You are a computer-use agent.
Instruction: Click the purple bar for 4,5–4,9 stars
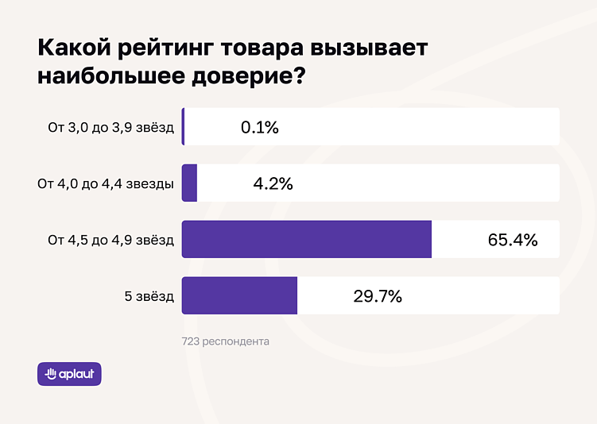click(x=307, y=239)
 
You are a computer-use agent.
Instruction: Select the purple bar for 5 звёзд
click(x=239, y=295)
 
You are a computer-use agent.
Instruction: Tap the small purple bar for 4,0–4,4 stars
click(x=189, y=183)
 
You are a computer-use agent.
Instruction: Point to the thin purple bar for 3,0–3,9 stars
click(x=183, y=127)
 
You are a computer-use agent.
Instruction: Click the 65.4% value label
click(x=513, y=240)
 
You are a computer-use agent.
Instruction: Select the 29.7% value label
click(x=377, y=296)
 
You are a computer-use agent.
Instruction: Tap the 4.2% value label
click(x=273, y=183)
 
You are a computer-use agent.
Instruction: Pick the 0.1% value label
click(x=260, y=127)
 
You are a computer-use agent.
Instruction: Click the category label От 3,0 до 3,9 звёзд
click(x=110, y=127)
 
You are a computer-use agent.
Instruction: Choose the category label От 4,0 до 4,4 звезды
click(x=106, y=183)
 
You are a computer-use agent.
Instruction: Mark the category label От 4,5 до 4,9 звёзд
click(x=110, y=240)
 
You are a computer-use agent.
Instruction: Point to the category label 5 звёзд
click(x=149, y=296)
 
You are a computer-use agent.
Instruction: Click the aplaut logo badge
click(x=69, y=374)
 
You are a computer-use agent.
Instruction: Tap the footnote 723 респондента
click(x=226, y=341)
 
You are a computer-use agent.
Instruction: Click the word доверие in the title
click(x=247, y=77)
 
